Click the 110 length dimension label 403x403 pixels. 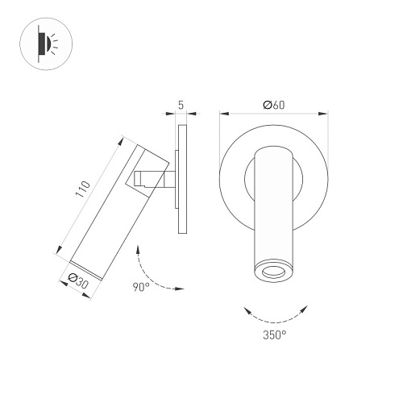point(83,189)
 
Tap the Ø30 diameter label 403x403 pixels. point(78,280)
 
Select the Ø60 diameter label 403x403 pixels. point(274,105)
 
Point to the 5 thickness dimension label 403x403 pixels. point(181,105)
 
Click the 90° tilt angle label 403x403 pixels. point(141,287)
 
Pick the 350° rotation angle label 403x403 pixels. point(275,335)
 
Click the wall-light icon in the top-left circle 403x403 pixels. point(48,44)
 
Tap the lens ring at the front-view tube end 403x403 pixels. point(273,272)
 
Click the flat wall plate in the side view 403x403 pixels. point(183,179)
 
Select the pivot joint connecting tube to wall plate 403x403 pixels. point(155,179)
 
